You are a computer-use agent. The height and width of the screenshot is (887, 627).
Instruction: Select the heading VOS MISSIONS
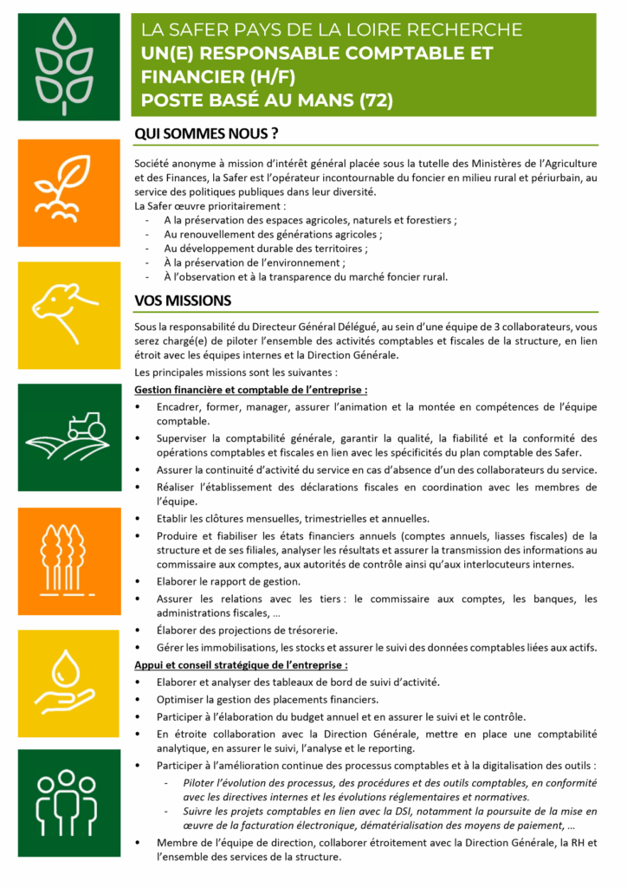pos(183,301)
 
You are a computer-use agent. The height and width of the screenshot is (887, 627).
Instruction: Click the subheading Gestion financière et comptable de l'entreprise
pos(251,391)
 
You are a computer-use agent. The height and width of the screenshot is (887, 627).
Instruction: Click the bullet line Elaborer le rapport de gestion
pos(227,580)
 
